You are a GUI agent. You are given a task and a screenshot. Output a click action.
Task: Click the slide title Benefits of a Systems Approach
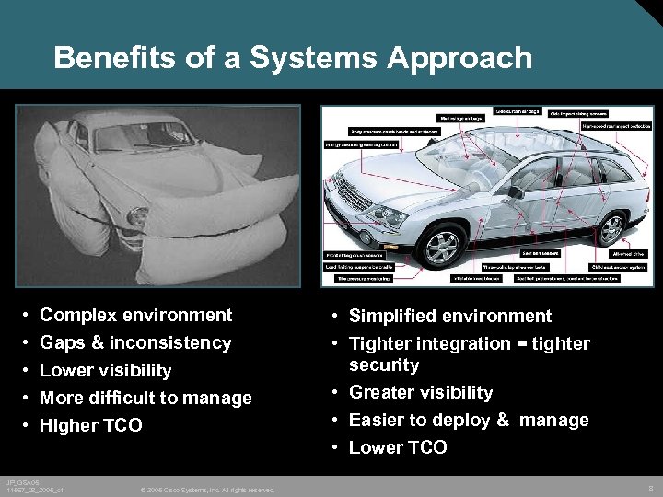[293, 58]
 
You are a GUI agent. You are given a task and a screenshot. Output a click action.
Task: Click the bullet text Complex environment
[136, 315]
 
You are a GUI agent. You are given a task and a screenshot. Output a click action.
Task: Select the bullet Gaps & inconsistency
[135, 342]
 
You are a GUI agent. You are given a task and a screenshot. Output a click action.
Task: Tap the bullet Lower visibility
[106, 370]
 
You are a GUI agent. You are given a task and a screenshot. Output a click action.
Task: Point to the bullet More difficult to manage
[145, 398]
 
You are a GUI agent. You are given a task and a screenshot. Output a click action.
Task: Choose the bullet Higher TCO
[91, 425]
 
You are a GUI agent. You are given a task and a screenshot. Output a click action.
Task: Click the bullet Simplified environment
[450, 316]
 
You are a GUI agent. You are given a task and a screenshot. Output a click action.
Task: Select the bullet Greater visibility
[421, 392]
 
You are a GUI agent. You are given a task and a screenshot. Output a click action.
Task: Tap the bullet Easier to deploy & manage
[469, 420]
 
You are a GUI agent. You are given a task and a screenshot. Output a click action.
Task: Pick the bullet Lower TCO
[398, 447]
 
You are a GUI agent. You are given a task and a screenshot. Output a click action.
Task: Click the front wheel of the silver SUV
[441, 247]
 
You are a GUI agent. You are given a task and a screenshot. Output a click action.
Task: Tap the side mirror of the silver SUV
[516, 191]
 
